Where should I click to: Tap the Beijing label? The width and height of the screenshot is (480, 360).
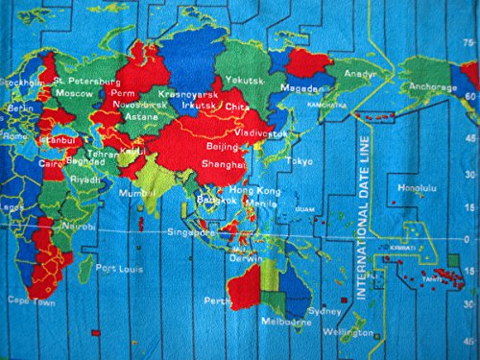[x=225, y=148]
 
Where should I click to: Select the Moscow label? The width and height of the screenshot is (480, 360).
[x=73, y=94]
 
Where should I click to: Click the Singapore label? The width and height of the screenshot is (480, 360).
[x=189, y=232]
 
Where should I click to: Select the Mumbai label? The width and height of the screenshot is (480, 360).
[x=135, y=193]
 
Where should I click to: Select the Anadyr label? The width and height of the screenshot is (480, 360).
[x=359, y=73]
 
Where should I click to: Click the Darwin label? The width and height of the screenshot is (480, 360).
[x=252, y=257]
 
